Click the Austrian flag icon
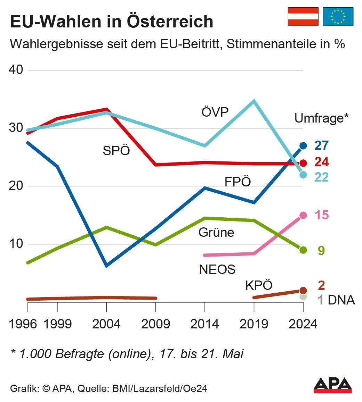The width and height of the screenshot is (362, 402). pyautogui.click(x=303, y=16)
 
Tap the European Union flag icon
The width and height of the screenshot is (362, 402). pyautogui.click(x=338, y=16)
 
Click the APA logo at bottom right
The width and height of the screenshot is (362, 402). pyautogui.click(x=332, y=385)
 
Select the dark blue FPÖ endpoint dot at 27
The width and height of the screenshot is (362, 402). pyautogui.click(x=303, y=146)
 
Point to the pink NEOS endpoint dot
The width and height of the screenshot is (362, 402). pyautogui.click(x=303, y=215)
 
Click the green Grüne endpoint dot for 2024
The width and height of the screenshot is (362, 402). pyautogui.click(x=303, y=250)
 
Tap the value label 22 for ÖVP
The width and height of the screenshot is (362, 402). pyautogui.click(x=322, y=177)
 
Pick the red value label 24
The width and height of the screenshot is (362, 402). pyautogui.click(x=322, y=162)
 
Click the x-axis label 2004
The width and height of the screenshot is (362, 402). pyautogui.click(x=106, y=324)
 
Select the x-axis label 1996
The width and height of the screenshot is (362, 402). pyautogui.click(x=23, y=324)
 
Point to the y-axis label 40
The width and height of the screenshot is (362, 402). pyautogui.click(x=16, y=70)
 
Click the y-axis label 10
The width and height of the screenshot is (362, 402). pyautogui.click(x=16, y=244)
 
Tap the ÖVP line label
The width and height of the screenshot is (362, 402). pyautogui.click(x=215, y=112)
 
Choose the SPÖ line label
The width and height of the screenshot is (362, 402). pyautogui.click(x=116, y=151)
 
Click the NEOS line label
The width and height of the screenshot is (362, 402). pyautogui.click(x=217, y=269)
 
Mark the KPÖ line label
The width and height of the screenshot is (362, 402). pyautogui.click(x=259, y=285)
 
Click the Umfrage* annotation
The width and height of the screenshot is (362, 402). pyautogui.click(x=321, y=118)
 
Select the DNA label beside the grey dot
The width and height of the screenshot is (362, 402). pyautogui.click(x=341, y=300)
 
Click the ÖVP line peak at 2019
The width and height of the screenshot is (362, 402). pyautogui.click(x=254, y=101)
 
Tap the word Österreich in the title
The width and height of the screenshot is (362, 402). pyautogui.click(x=170, y=22)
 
